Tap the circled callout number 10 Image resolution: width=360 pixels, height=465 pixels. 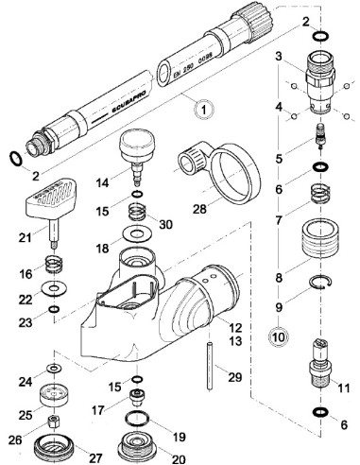(279, 334)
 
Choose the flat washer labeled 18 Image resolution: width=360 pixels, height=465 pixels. (139, 233)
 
